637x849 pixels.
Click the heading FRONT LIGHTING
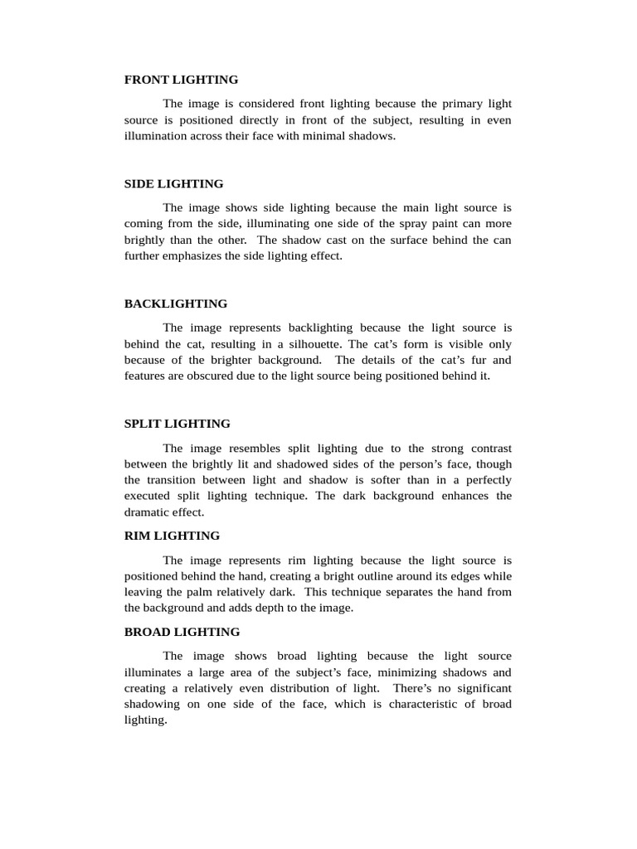pos(181,80)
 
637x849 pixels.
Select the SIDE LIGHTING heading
pos(173,183)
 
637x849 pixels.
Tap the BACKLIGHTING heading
pos(175,303)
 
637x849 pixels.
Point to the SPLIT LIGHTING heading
pos(177,423)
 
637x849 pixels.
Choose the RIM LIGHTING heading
pos(172,536)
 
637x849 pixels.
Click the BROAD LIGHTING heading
pos(182,632)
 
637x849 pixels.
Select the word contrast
pos(488,448)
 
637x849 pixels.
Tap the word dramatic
pos(146,512)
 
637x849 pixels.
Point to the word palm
pos(192,592)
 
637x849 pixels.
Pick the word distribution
pos(284,688)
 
